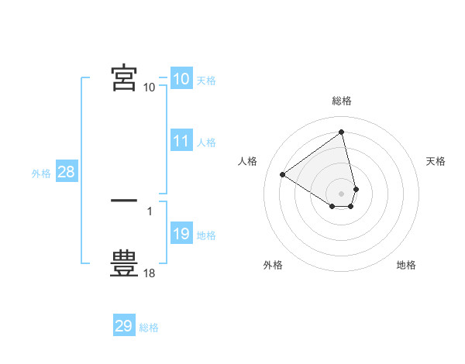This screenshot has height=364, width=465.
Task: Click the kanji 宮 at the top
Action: [x=124, y=78]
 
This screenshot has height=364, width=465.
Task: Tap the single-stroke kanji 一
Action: [x=124, y=201]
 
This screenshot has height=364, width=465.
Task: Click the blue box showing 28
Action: [x=67, y=173]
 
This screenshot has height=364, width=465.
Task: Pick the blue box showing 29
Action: [x=124, y=326]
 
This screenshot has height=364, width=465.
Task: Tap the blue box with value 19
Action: [x=181, y=235]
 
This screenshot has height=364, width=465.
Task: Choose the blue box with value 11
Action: [x=181, y=142]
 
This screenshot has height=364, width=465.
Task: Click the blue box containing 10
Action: [x=181, y=79]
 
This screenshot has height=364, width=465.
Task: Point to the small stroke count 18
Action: [x=150, y=273]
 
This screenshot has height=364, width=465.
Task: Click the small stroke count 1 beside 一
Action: [x=149, y=211]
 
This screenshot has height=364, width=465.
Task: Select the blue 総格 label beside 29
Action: [x=149, y=328]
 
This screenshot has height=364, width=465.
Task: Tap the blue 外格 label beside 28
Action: [x=41, y=173]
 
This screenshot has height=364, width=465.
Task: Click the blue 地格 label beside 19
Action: [x=206, y=235]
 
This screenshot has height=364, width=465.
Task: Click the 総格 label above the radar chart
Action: [x=342, y=101]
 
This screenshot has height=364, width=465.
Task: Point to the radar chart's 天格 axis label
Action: [x=436, y=161]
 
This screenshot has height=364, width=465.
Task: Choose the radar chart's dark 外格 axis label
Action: [x=273, y=265]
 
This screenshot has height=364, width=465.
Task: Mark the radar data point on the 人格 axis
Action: [x=283, y=174]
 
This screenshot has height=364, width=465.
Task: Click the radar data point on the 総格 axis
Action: [x=342, y=132]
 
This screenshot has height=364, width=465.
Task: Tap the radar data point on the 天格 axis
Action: [x=356, y=189]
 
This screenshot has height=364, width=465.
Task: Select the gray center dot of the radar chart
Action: [x=342, y=193]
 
